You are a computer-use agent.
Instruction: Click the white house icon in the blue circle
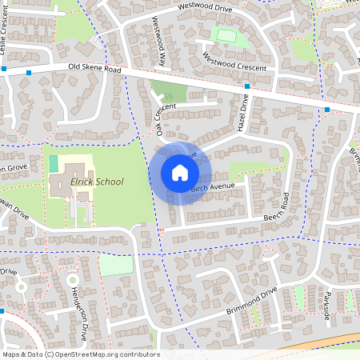(x=180, y=173)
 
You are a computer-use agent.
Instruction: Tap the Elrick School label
(x=97, y=182)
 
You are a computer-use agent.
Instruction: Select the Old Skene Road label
(x=94, y=70)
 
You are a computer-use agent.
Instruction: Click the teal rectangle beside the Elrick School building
(x=54, y=163)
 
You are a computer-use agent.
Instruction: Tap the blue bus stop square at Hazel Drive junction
(x=246, y=86)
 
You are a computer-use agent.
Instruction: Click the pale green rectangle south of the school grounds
(x=115, y=266)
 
